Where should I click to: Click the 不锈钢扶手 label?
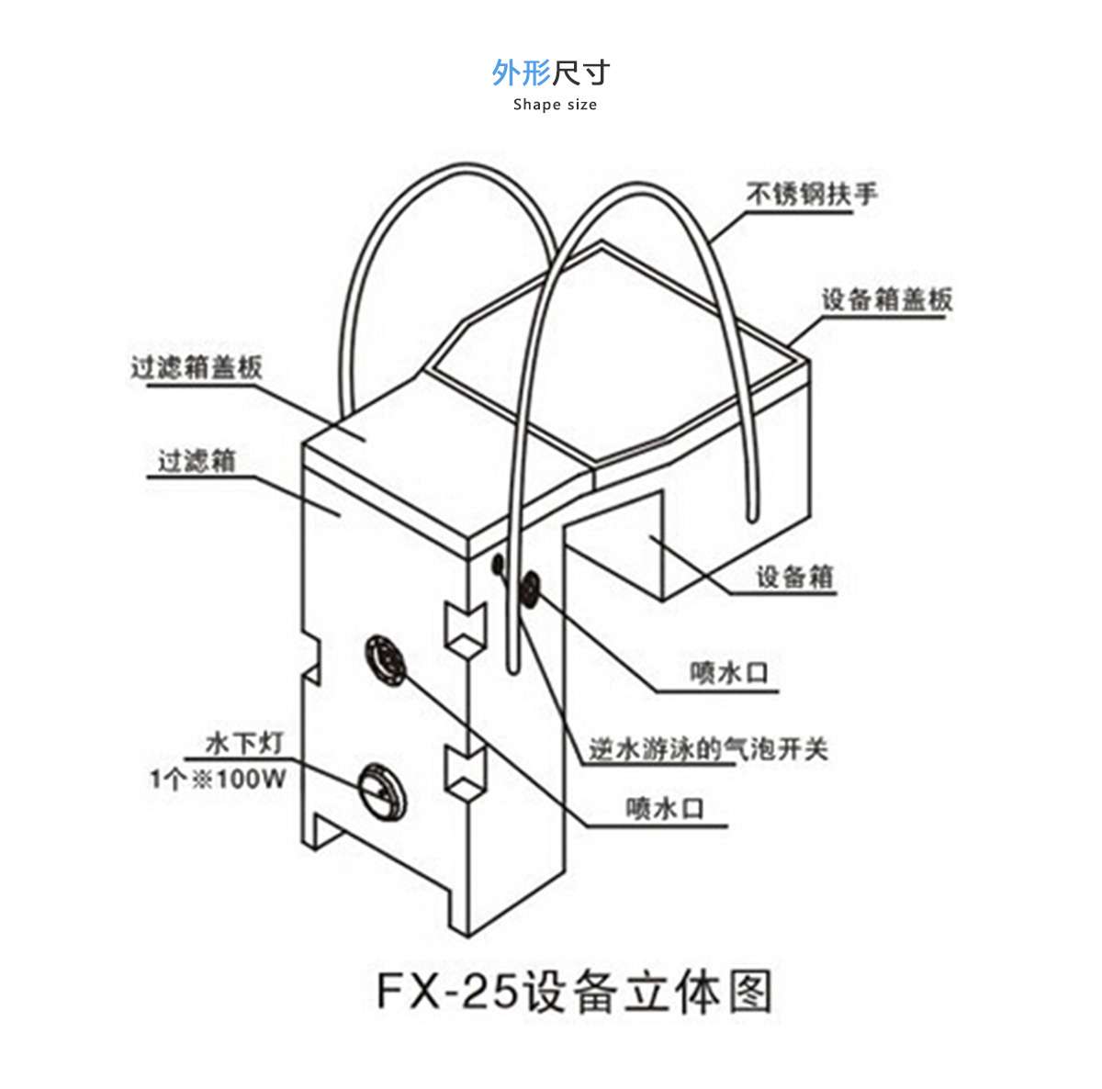click(x=811, y=194)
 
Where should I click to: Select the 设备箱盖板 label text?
click(x=886, y=299)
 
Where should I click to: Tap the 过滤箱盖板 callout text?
click(x=197, y=367)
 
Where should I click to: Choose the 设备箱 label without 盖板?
click(x=794, y=577)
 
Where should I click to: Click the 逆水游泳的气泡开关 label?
click(x=708, y=749)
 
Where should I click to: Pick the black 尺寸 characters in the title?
click(x=581, y=73)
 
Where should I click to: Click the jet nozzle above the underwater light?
click(x=387, y=658)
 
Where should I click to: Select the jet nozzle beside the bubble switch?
click(x=531, y=588)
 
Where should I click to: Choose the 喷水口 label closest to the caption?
click(x=665, y=808)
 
